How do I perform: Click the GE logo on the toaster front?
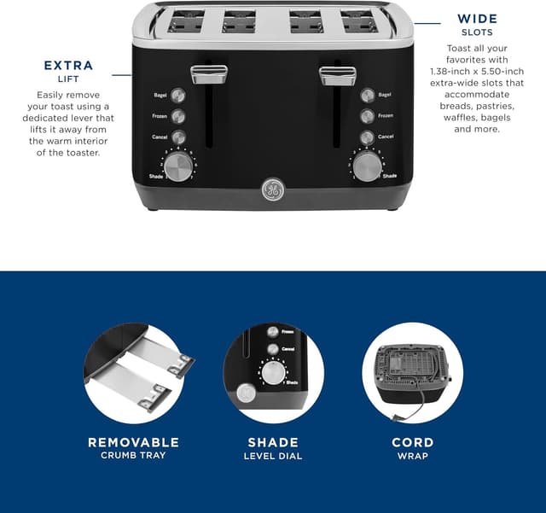pyautogui.click(x=272, y=191)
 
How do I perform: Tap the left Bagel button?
pyautogui.click(x=178, y=95)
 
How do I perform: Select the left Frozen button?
pyautogui.click(x=178, y=116)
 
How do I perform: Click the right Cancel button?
pyautogui.click(x=368, y=137)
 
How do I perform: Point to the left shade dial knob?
pyautogui.click(x=178, y=166)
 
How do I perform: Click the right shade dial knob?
pyautogui.click(x=368, y=166)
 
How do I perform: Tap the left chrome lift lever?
pyautogui.click(x=208, y=74)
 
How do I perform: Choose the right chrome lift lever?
pyautogui.click(x=337, y=74)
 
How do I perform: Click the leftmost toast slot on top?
pyautogui.click(x=186, y=21)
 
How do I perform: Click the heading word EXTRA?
pyautogui.click(x=68, y=66)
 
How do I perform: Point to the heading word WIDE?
pyautogui.click(x=478, y=19)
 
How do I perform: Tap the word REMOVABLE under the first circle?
pyautogui.click(x=134, y=442)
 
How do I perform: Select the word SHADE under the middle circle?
pyautogui.click(x=273, y=442)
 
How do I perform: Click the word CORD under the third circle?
pyautogui.click(x=412, y=442)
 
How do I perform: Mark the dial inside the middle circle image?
pyautogui.click(x=273, y=373)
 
